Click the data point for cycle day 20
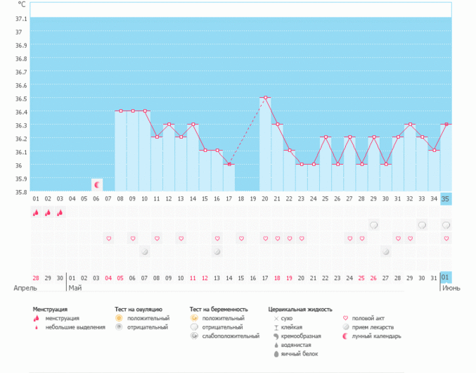(265, 98)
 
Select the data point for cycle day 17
(229, 165)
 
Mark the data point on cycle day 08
(121, 111)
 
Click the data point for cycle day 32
(410, 125)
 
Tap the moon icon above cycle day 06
(97, 184)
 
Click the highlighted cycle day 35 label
(445, 199)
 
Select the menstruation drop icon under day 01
(36, 213)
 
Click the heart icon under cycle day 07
(109, 239)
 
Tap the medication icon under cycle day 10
(145, 251)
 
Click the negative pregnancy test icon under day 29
(374, 225)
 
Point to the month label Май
(75, 288)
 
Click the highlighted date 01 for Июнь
(445, 277)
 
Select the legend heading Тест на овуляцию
(139, 309)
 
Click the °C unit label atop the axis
(21, 5)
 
